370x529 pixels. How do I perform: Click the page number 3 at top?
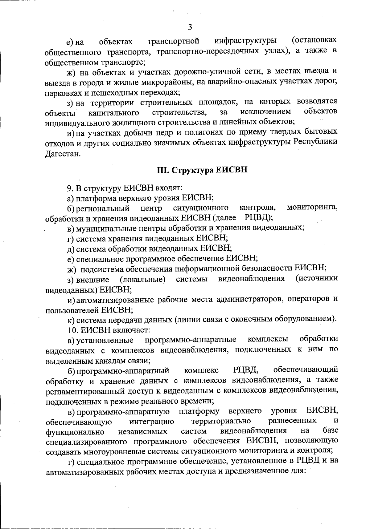pos(190,27)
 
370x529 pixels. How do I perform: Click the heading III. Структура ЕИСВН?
pos(202,170)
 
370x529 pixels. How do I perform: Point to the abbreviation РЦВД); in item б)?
pos(258,218)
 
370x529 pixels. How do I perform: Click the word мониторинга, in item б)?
pos(312,208)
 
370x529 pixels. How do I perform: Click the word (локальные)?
pos(142,280)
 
